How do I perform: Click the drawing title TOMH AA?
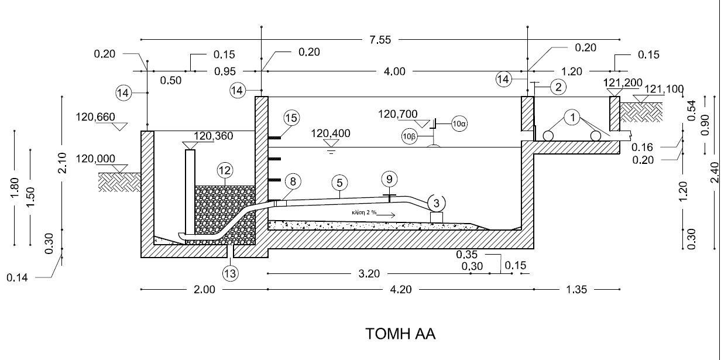pyautogui.click(x=400, y=334)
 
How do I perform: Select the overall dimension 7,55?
pyautogui.click(x=380, y=40)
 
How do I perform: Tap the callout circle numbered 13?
pyautogui.click(x=230, y=274)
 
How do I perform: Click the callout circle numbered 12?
pyautogui.click(x=225, y=170)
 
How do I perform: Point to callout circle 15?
pyautogui.click(x=291, y=118)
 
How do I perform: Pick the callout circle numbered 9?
pyautogui.click(x=390, y=179)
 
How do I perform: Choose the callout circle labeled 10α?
pyautogui.click(x=459, y=124)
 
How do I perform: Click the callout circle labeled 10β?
pyautogui.click(x=410, y=136)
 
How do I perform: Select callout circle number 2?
pyautogui.click(x=558, y=87)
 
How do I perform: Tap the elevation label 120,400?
pyautogui.click(x=331, y=133)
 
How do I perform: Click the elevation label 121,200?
pyautogui.click(x=623, y=83)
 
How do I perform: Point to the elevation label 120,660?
pyautogui.click(x=95, y=117)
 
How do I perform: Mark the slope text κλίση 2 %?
pyautogui.click(x=364, y=212)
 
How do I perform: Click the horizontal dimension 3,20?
pyautogui.click(x=369, y=274)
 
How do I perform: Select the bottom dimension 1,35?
pyautogui.click(x=576, y=290)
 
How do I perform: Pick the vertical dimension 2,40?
pyautogui.click(x=715, y=172)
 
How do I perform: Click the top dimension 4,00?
pyautogui.click(x=394, y=71)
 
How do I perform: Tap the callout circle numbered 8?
pyautogui.click(x=293, y=181)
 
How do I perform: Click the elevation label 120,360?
pyautogui.click(x=214, y=136)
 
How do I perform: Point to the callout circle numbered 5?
pyautogui.click(x=340, y=183)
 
